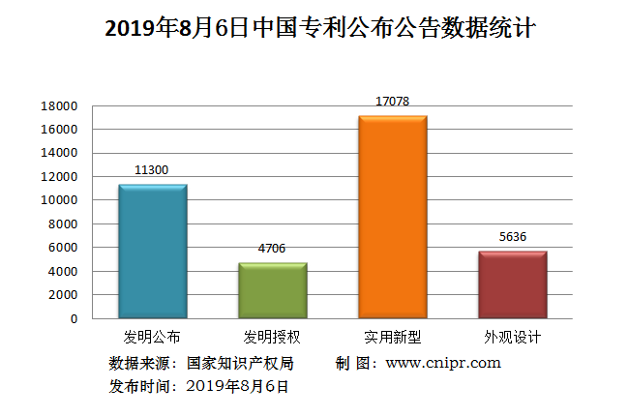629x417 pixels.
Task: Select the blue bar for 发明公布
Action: pos(152,252)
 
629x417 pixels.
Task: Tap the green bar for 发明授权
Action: pos(272,290)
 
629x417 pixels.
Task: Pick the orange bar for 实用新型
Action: pos(392,217)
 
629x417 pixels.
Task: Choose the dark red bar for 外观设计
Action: pos(512,284)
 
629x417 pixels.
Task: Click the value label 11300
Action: pos(152,170)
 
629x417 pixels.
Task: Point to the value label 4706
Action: pos(272,249)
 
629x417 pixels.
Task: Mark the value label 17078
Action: pos(392,101)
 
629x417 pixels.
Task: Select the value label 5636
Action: pos(512,237)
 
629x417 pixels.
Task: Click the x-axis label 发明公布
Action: pos(152,338)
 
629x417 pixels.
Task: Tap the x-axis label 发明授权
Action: pos(272,338)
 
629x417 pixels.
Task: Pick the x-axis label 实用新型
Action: pos(392,338)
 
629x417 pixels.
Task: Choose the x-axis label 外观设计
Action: pos(512,338)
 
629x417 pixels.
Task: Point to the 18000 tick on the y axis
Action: pos(61,105)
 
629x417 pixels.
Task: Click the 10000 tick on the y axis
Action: pos(61,200)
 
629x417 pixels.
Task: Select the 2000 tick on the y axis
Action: pos(65,295)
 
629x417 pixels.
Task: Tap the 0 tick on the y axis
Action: pos(75,318)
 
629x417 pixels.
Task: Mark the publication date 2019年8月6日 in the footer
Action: pos(237,386)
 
